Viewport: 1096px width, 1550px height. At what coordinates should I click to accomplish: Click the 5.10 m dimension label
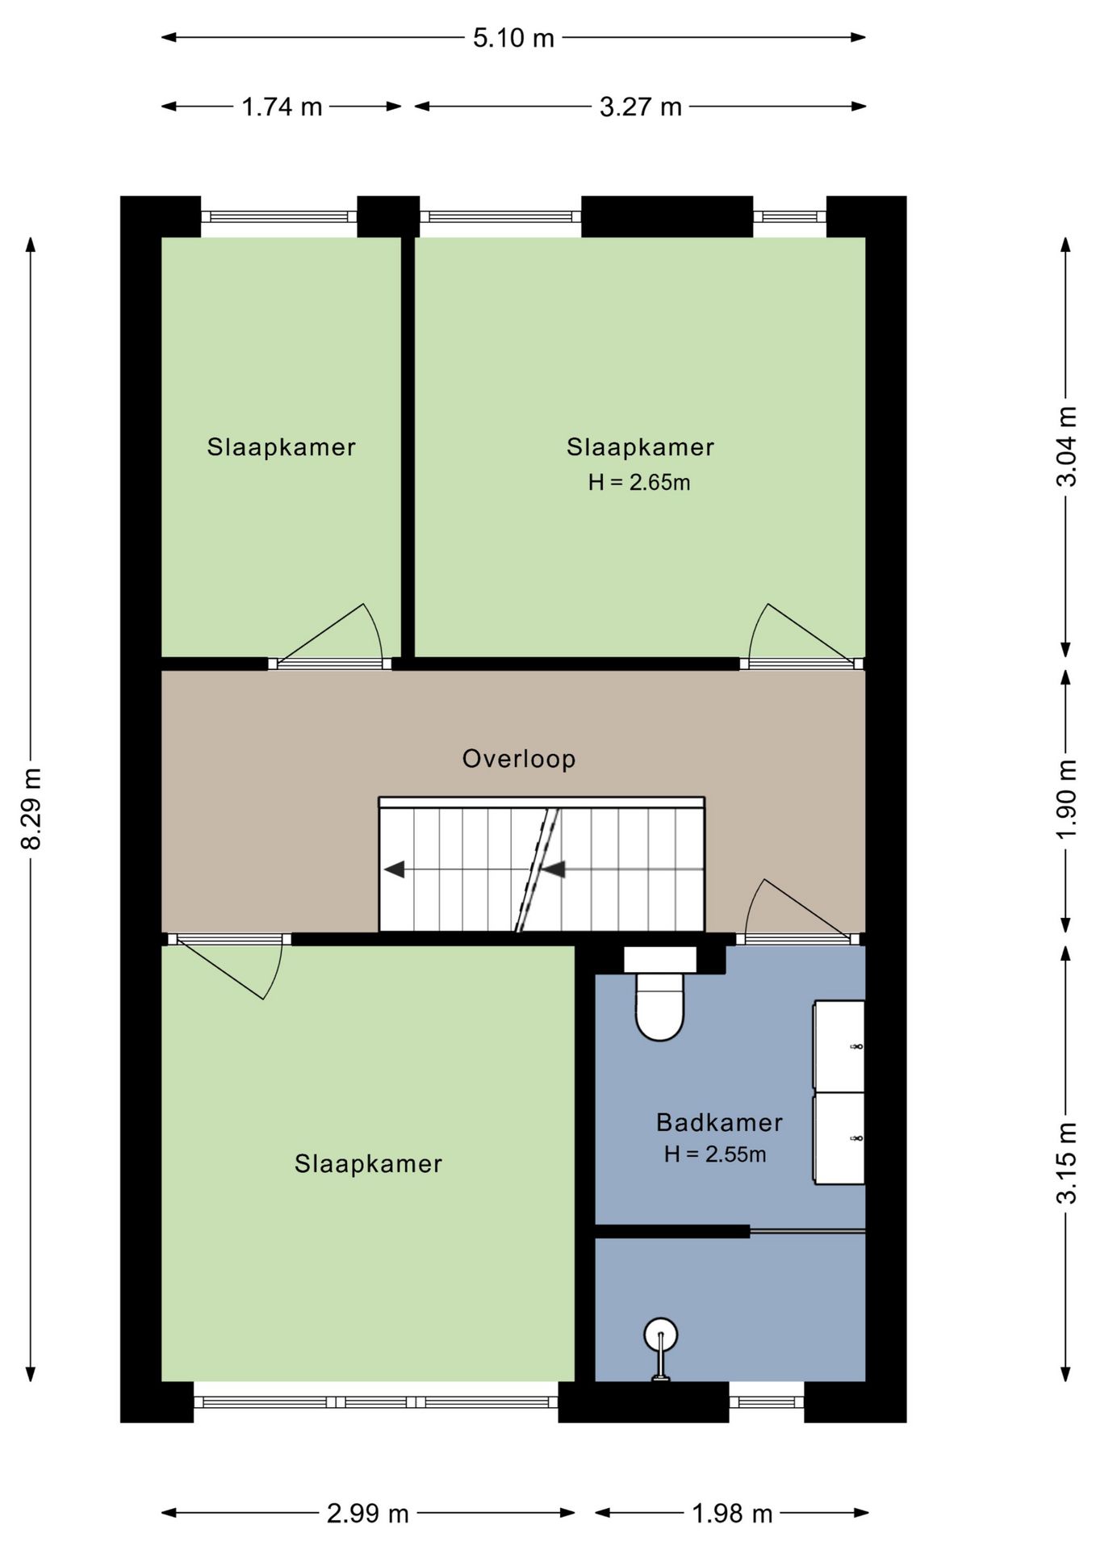(x=513, y=38)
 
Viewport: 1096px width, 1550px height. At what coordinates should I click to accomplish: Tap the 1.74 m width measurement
(x=282, y=107)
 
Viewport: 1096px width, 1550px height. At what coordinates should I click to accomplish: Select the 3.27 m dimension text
(x=640, y=107)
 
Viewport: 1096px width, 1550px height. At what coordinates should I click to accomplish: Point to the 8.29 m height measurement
(x=31, y=808)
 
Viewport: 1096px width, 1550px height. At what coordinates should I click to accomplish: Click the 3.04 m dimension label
(x=1067, y=446)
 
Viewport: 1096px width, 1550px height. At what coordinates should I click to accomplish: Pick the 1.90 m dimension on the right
(x=1067, y=799)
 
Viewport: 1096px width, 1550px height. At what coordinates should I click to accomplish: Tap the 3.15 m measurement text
(x=1067, y=1163)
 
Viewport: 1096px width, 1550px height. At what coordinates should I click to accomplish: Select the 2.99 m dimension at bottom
(x=367, y=1514)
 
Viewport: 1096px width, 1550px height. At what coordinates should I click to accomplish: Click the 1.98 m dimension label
(x=732, y=1514)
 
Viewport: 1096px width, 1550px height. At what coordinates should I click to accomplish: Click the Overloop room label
(x=519, y=759)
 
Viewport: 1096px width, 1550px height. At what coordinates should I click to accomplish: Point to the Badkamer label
(x=719, y=1122)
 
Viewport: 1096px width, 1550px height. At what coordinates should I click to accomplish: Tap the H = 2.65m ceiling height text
(x=639, y=483)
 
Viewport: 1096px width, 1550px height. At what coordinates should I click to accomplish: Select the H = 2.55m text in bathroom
(x=715, y=1154)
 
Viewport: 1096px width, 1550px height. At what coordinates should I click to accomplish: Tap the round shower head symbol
(x=660, y=1335)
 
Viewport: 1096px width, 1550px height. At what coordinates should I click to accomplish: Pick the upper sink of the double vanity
(x=839, y=1046)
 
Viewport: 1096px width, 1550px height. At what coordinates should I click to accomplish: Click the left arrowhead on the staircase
(x=394, y=869)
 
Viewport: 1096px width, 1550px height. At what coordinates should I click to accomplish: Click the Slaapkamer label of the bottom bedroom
(x=368, y=1163)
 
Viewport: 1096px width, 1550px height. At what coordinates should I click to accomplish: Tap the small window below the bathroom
(x=767, y=1402)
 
